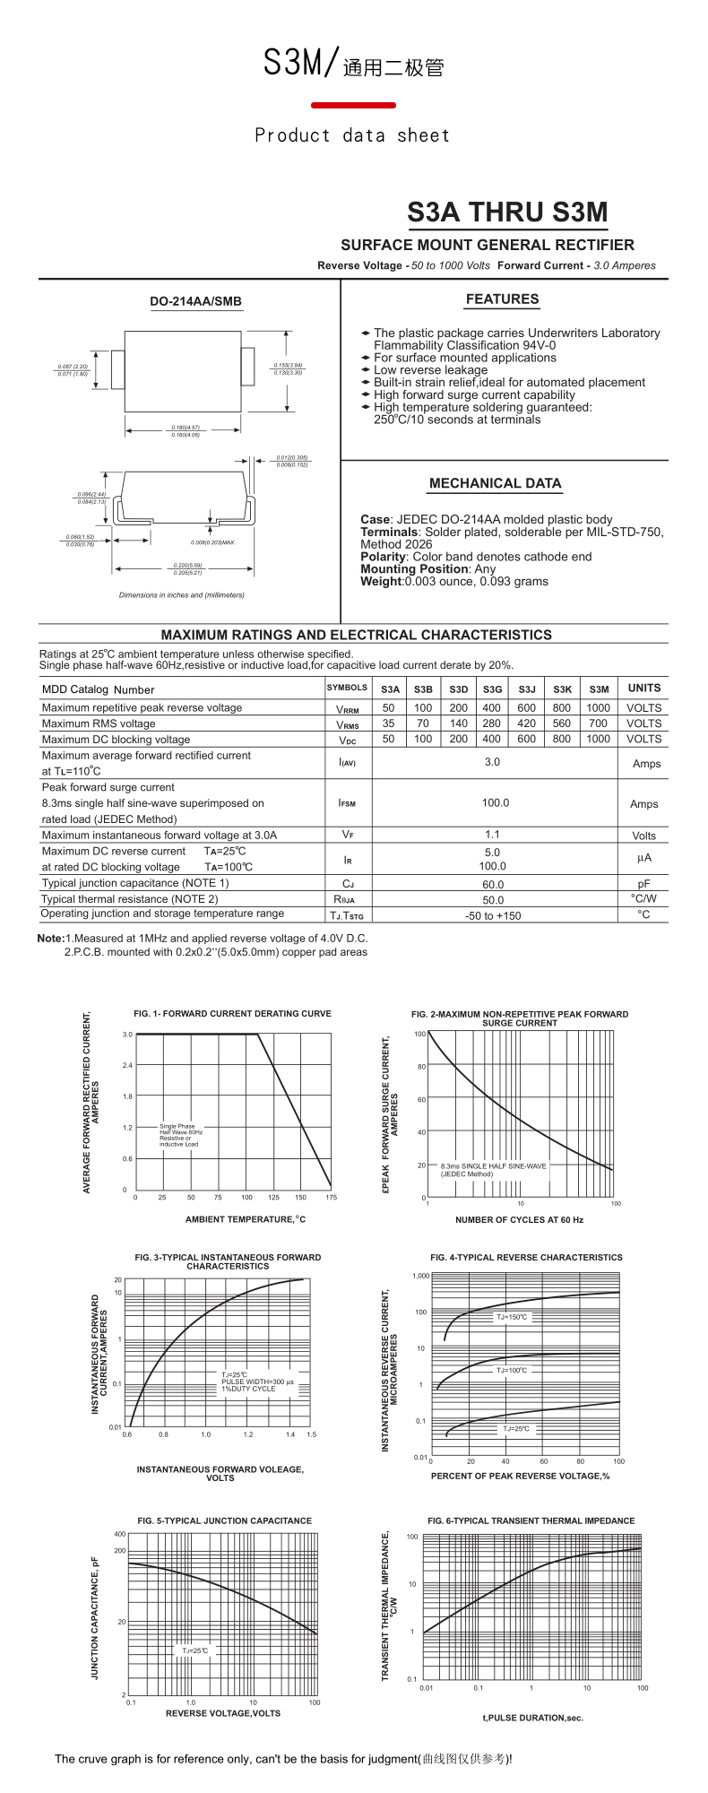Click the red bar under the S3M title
tap(353, 106)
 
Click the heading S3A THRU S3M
tap(507, 212)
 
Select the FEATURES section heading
tap(502, 299)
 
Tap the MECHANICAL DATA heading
tap(495, 483)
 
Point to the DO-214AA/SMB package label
tap(195, 302)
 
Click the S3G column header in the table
tap(492, 689)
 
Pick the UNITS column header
tap(643, 689)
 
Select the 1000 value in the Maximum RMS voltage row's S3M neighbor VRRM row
tap(598, 708)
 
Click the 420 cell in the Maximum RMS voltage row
tap(526, 723)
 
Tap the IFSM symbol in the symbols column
tap(347, 803)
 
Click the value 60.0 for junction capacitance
tap(493, 884)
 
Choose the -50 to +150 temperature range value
tap(493, 916)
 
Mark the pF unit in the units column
tap(643, 884)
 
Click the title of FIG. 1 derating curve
tap(232, 1014)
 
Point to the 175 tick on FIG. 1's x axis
tap(331, 1198)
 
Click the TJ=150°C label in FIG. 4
tap(512, 1317)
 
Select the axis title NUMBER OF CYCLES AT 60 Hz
tap(519, 1220)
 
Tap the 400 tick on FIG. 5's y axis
tap(120, 1534)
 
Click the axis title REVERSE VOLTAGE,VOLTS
tap(222, 1713)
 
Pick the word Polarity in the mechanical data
tap(384, 557)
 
